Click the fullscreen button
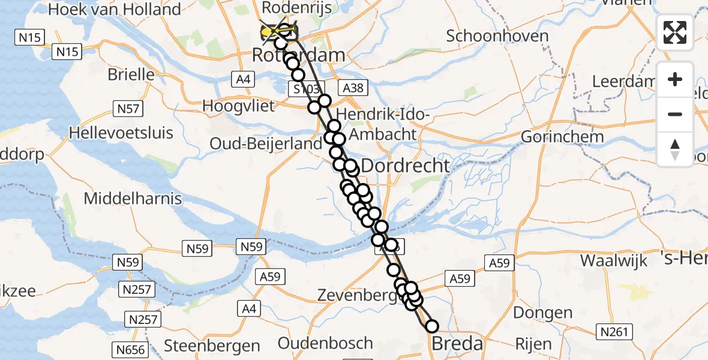[x=675, y=32]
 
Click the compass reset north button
[x=675, y=149]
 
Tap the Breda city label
[x=457, y=344]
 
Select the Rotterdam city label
[x=298, y=55]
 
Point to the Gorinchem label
[x=562, y=136]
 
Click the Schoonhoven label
[x=497, y=36]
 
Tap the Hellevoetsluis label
[x=121, y=133]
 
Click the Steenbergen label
[x=212, y=346]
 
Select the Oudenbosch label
[x=325, y=344]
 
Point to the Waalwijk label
[x=614, y=260]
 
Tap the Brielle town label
[x=131, y=74]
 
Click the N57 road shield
[x=128, y=109]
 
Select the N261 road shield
[x=612, y=331]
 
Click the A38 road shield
[x=352, y=88]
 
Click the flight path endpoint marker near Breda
[x=431, y=326]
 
